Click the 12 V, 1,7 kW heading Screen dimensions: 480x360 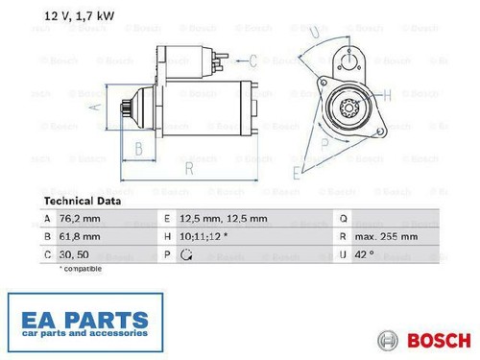[x=79, y=16]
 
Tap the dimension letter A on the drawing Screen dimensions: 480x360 [x=95, y=107]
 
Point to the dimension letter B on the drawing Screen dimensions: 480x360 [x=138, y=149]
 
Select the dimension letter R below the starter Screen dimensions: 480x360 [x=189, y=168]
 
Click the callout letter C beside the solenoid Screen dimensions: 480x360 [x=252, y=60]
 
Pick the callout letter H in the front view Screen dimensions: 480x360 [x=387, y=95]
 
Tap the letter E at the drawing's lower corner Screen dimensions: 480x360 [x=297, y=173]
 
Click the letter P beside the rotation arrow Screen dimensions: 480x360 [x=324, y=144]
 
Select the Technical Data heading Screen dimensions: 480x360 [x=83, y=202]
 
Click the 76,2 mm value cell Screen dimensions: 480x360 [x=80, y=219]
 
